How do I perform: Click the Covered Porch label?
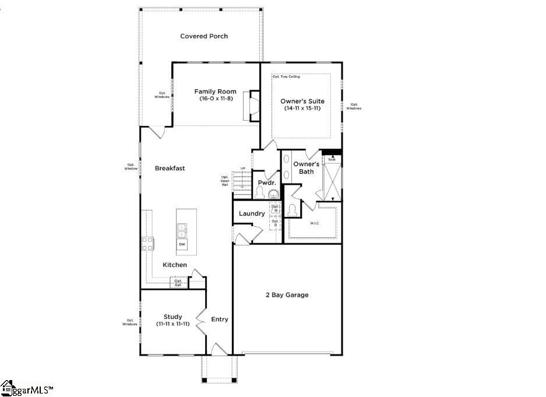[204, 36]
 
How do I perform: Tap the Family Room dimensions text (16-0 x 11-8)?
[215, 99]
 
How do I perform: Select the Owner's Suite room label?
[302, 101]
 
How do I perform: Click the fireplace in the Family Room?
[254, 106]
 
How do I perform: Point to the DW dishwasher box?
[182, 244]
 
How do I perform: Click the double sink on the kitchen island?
[182, 231]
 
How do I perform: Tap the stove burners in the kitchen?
[147, 243]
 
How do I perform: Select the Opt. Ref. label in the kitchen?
[178, 283]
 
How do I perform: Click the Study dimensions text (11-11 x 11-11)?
[172, 324]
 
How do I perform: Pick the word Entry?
[220, 319]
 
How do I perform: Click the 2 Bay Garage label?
[287, 295]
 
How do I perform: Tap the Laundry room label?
[252, 214]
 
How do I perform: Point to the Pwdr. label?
[267, 182]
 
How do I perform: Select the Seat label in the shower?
[332, 159]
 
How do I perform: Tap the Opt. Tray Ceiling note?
[286, 77]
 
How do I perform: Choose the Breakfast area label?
[170, 168]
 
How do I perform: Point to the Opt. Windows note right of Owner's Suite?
[354, 107]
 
